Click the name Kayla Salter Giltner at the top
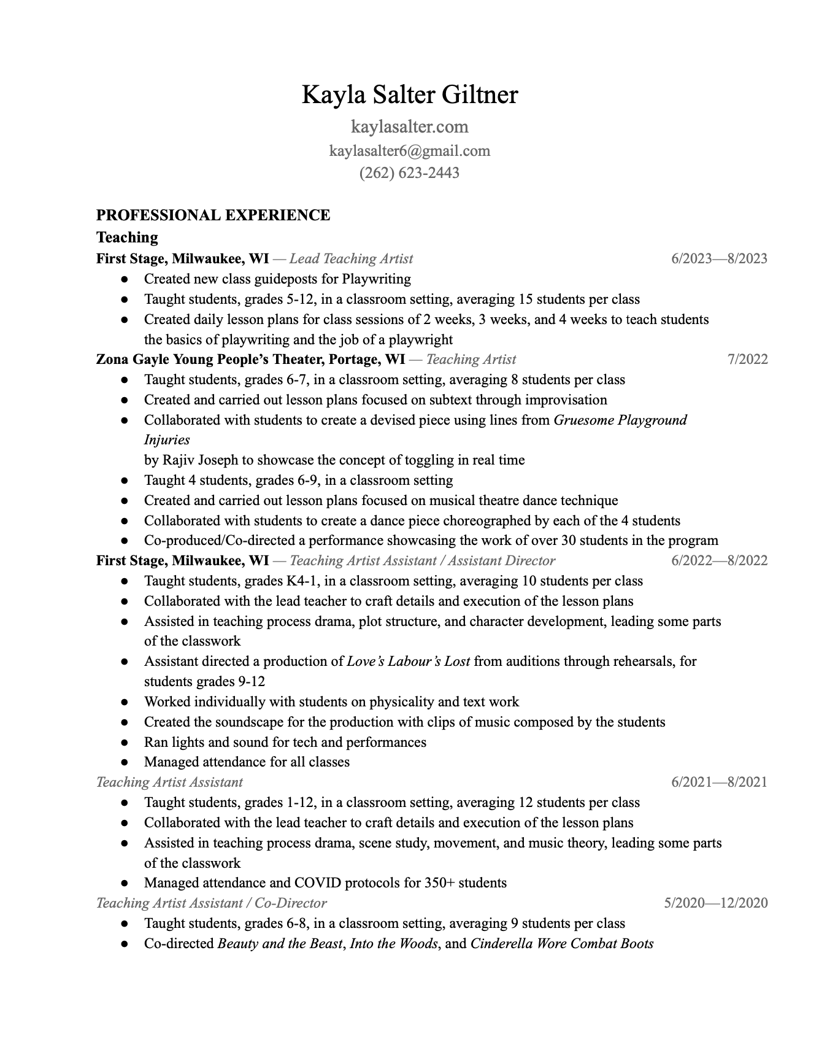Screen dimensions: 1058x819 pyautogui.click(x=409, y=95)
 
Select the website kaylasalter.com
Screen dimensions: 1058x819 pyautogui.click(x=409, y=127)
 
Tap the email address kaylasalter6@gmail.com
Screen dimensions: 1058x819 pyautogui.click(x=409, y=151)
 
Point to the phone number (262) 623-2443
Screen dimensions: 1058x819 pyautogui.click(x=409, y=173)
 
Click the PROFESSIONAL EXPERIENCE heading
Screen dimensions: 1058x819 pyautogui.click(x=213, y=215)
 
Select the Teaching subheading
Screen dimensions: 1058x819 pyautogui.click(x=127, y=237)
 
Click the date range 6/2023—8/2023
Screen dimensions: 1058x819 pyautogui.click(x=719, y=259)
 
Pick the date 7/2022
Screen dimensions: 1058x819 pyautogui.click(x=747, y=360)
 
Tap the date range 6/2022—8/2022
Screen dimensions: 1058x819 pyautogui.click(x=719, y=561)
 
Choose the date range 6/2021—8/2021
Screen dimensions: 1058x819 pyautogui.click(x=719, y=782)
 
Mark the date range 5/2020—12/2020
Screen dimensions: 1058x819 pyautogui.click(x=715, y=903)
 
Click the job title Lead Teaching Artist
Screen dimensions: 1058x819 pyautogui.click(x=351, y=259)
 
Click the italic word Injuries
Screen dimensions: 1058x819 pyautogui.click(x=167, y=440)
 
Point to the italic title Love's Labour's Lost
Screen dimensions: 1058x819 pyautogui.click(x=409, y=662)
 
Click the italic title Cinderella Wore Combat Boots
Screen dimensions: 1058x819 pyautogui.click(x=561, y=944)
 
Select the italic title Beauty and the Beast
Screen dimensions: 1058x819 pyautogui.click(x=280, y=944)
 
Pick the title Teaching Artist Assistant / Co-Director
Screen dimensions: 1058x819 pyautogui.click(x=211, y=903)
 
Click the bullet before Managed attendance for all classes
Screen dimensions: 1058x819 pyautogui.click(x=125, y=762)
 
